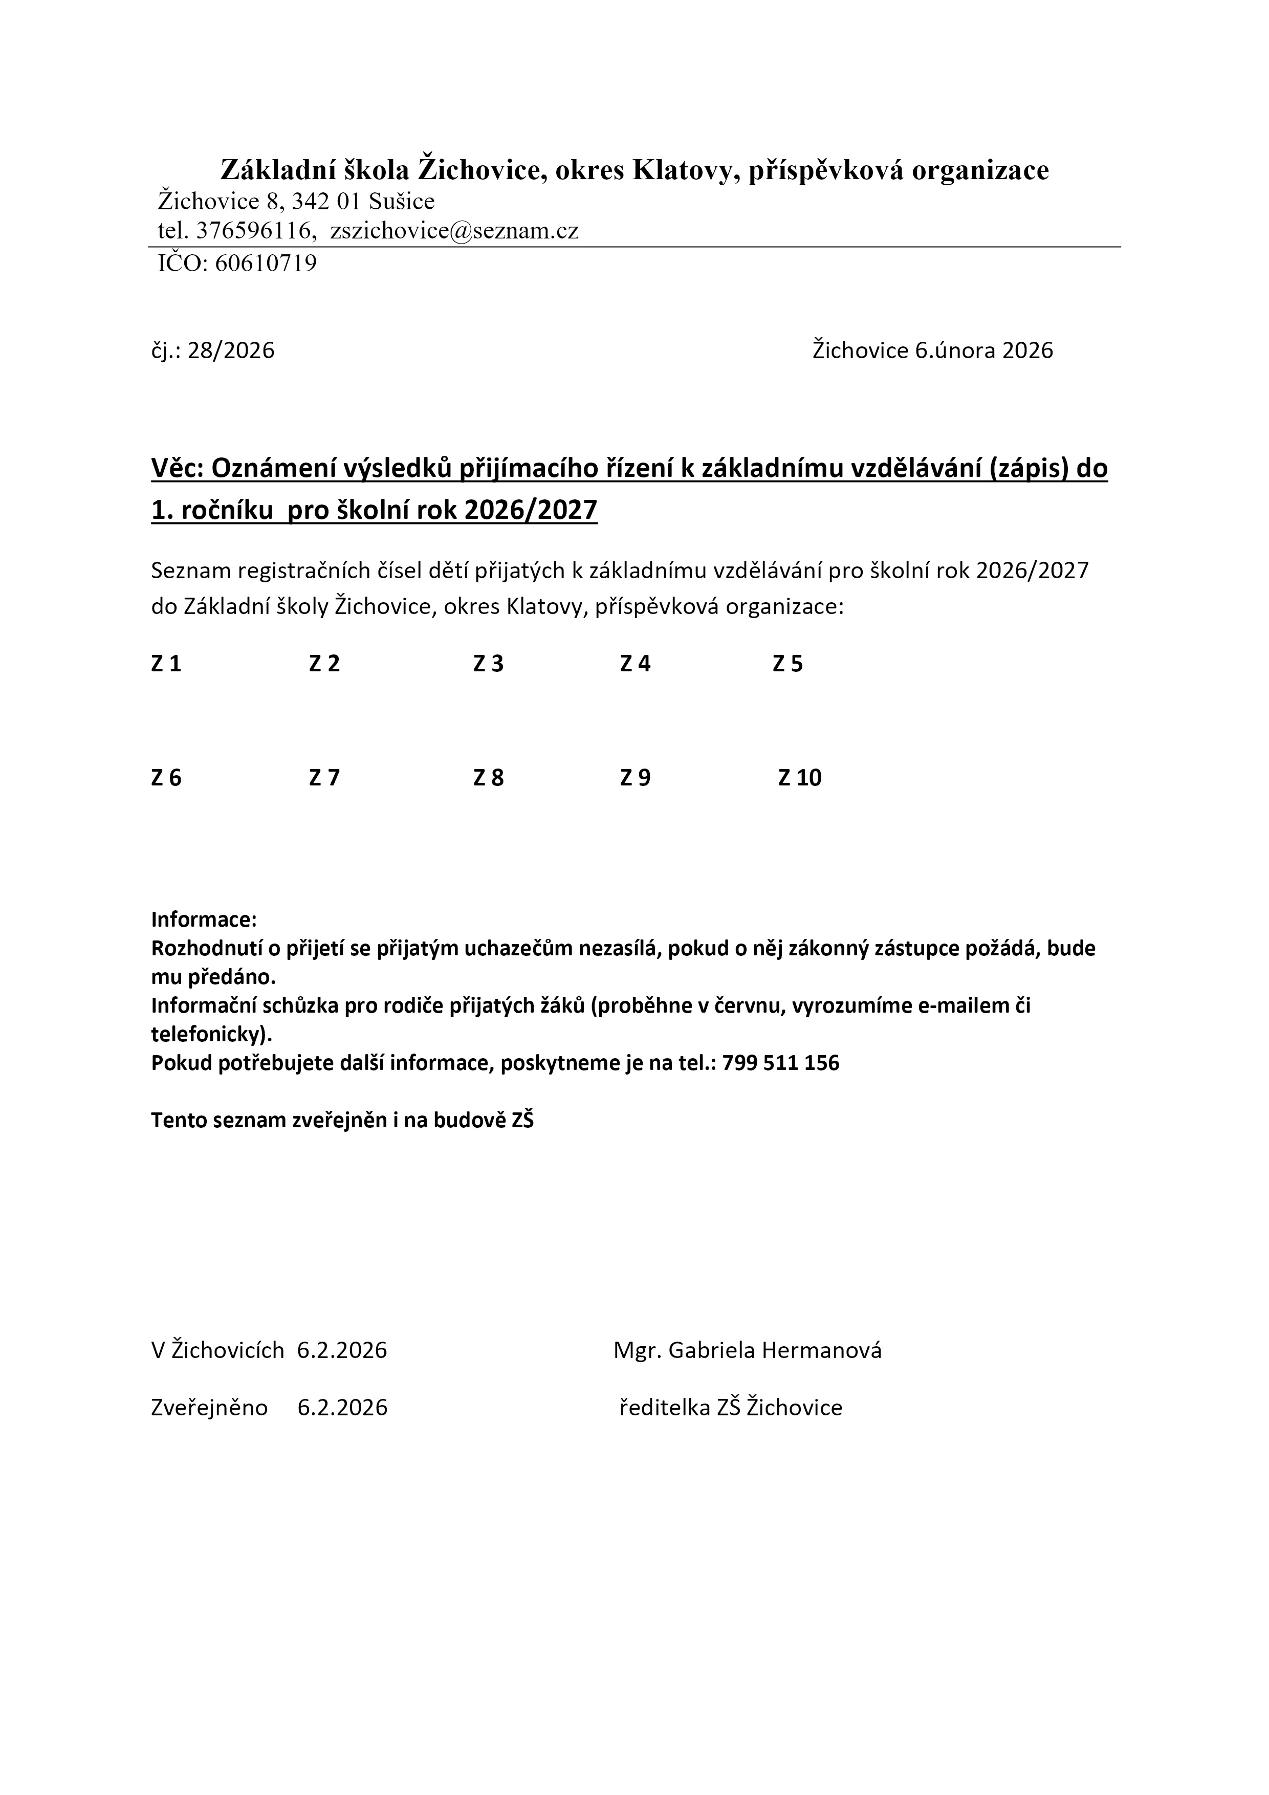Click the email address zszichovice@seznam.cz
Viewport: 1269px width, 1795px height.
pyautogui.click(x=454, y=231)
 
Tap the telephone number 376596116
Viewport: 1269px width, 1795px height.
pyautogui.click(x=253, y=231)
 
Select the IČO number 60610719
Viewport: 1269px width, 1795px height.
pyautogui.click(x=266, y=264)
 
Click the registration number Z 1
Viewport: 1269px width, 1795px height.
pyautogui.click(x=166, y=664)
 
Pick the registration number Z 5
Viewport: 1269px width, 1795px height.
pyautogui.click(x=787, y=664)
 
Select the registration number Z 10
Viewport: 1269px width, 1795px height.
pyautogui.click(x=799, y=778)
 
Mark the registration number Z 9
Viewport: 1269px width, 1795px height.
pyautogui.click(x=635, y=778)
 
